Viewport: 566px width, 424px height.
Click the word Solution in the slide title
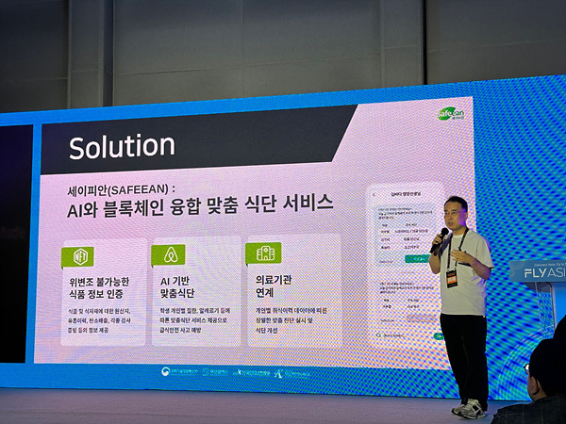click(122, 146)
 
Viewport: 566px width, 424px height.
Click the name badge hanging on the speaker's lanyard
click(452, 278)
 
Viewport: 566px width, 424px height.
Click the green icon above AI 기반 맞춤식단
click(171, 254)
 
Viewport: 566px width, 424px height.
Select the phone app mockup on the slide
click(405, 264)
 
